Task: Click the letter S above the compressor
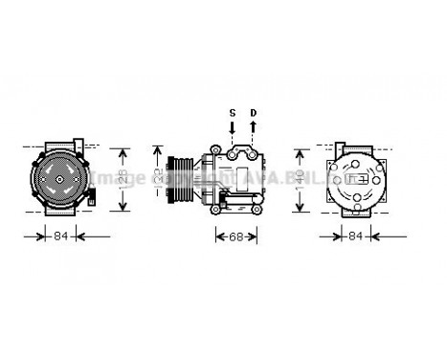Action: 231,114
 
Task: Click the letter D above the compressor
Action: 253,114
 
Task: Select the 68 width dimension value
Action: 235,236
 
